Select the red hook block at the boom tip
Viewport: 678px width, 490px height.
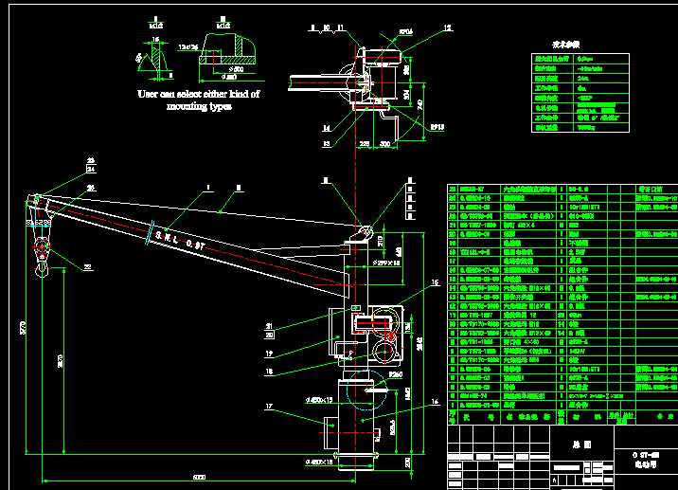point(42,249)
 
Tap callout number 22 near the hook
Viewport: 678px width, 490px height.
point(88,268)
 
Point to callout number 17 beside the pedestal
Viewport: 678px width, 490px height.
point(273,408)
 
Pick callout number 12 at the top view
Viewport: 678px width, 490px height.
point(448,28)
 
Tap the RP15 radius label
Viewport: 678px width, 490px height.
point(437,125)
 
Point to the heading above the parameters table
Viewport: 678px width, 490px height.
point(566,44)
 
